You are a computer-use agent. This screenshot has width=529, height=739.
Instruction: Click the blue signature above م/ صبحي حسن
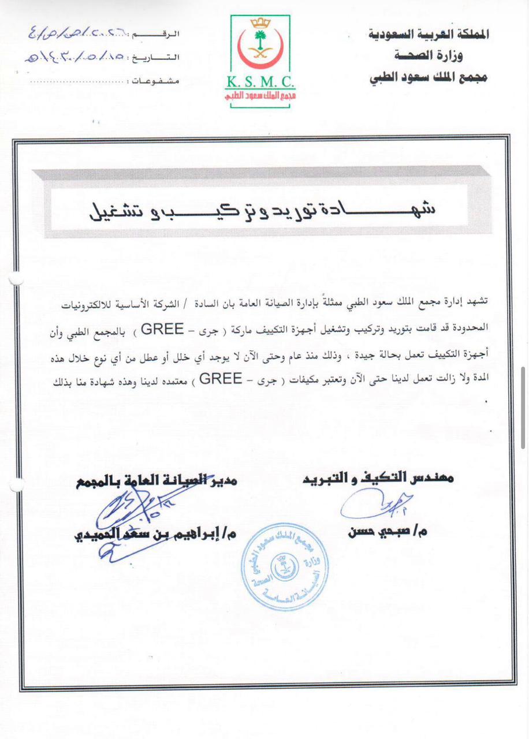pos(375,504)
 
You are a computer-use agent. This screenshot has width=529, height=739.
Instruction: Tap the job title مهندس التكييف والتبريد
pos(378,477)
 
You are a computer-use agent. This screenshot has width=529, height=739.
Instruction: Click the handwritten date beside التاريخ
pos(75,57)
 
